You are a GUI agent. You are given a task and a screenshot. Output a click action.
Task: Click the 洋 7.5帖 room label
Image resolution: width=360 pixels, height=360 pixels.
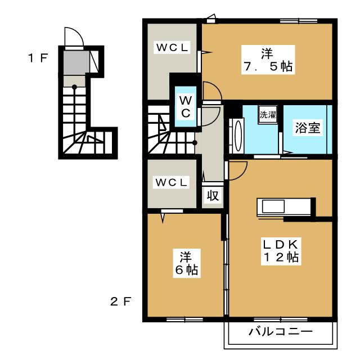coord(268,60)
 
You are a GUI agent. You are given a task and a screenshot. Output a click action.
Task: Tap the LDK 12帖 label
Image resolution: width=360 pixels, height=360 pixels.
coord(281,251)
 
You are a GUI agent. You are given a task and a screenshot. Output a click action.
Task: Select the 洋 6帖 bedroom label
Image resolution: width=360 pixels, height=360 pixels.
coord(186,263)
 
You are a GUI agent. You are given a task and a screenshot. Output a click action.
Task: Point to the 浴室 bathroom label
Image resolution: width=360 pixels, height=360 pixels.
coord(308,128)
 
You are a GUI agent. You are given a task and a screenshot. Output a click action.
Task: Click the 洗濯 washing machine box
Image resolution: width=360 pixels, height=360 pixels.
coord(268,115)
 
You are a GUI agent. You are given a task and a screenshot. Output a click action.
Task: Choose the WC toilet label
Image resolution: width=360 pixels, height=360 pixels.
coord(186,106)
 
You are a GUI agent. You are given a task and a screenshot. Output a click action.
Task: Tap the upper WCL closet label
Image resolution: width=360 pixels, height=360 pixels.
coord(172,47)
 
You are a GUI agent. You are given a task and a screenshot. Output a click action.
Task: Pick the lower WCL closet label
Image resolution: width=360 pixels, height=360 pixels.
coord(171,182)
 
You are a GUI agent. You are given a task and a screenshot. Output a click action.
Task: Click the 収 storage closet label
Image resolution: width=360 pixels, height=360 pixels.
coord(213,196)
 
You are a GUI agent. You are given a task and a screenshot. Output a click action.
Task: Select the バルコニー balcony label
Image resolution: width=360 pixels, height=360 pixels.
coord(281,331)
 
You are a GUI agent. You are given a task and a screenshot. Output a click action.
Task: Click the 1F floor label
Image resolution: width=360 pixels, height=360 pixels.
coord(38,58)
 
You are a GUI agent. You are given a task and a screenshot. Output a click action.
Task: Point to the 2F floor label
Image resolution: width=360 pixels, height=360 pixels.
coord(120,301)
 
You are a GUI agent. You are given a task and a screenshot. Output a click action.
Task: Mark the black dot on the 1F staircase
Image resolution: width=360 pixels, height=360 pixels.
coord(74,87)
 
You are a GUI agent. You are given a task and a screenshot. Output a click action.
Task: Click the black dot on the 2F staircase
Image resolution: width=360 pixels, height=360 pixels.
coord(195,143)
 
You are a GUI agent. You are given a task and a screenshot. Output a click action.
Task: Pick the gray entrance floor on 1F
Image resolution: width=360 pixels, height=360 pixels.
coord(76,62)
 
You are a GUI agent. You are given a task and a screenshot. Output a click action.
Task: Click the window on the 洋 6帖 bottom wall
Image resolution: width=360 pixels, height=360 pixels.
coord(184,319)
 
